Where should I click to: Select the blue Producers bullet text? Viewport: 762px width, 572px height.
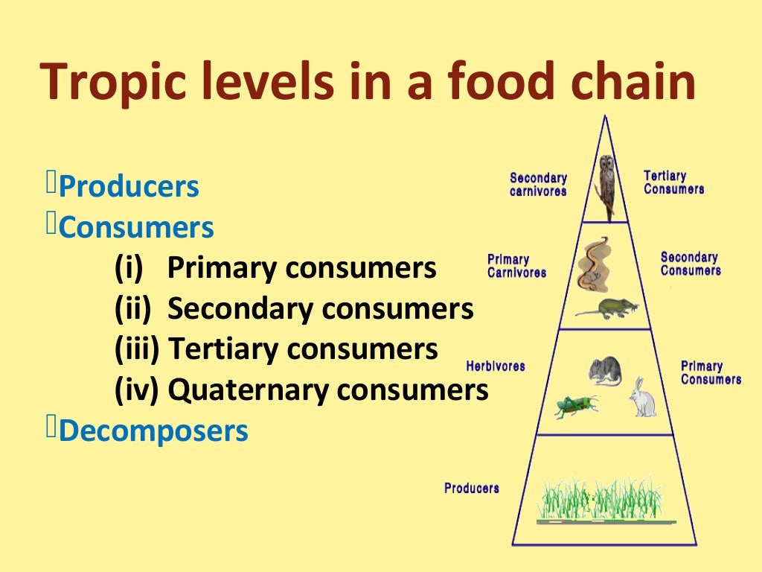(129, 186)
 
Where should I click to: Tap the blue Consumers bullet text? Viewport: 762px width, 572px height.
(136, 227)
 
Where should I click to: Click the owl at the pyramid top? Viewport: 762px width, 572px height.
(606, 186)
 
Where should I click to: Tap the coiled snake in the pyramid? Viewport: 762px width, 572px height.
(594, 264)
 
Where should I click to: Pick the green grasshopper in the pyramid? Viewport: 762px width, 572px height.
(575, 406)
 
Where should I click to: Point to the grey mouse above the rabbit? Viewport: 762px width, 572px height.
(604, 371)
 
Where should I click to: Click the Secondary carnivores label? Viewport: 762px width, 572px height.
(538, 184)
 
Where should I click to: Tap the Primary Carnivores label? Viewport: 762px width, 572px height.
(516, 266)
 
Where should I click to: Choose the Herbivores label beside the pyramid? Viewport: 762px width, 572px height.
(496, 366)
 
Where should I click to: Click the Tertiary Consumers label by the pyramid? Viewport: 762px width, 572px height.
(673, 182)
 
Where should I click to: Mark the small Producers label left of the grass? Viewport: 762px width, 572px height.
(472, 488)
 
